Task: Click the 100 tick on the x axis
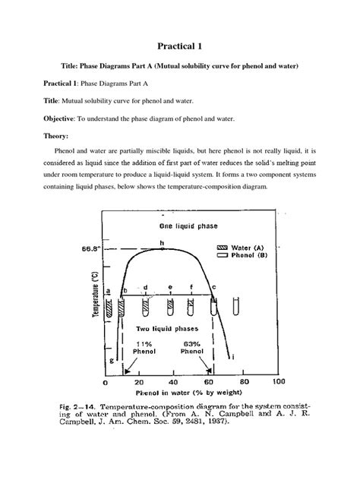click(278, 382)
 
